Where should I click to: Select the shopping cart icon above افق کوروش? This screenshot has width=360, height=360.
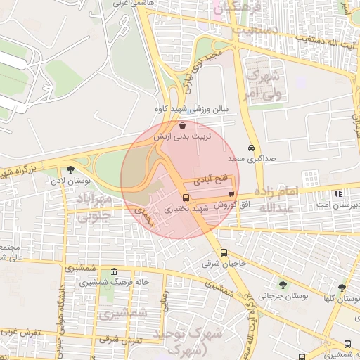tap(231, 193)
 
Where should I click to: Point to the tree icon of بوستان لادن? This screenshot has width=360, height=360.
tap(70, 169)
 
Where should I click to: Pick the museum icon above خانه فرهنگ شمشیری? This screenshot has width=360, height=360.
tap(114, 272)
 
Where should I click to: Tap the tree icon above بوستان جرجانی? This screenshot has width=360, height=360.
tap(283, 285)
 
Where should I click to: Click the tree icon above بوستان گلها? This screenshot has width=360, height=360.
tap(341, 287)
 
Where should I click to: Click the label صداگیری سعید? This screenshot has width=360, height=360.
tap(256, 159)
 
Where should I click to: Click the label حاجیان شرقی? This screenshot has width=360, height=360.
tap(224, 264)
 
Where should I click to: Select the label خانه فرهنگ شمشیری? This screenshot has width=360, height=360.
tap(114, 282)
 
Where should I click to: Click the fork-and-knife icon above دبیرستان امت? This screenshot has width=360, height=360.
tap(339, 193)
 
